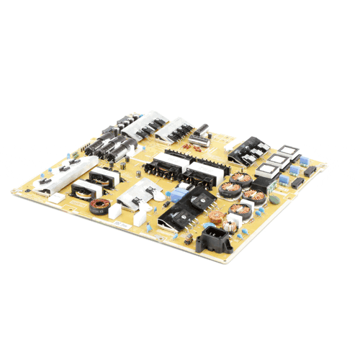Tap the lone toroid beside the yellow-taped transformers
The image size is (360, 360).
pos(97,211)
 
